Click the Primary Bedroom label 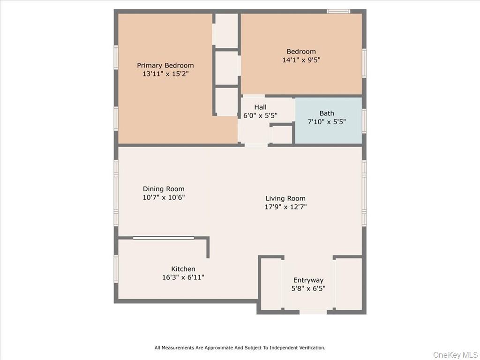coord(165,65)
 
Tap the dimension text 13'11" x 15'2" coord(165,74)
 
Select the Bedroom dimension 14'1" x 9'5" coord(301,60)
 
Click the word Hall coord(261,107)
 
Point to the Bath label coord(327,113)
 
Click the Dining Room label coord(164,189)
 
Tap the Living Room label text coord(285,198)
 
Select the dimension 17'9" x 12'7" coord(285,207)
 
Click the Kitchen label coord(183,269)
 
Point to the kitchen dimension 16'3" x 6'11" coord(183,277)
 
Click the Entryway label coord(308,280)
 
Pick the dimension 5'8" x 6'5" coord(308,289)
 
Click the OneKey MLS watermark coord(454,354)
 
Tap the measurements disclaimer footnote coord(240,347)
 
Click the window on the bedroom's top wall coord(338,11)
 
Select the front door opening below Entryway coord(313,312)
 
